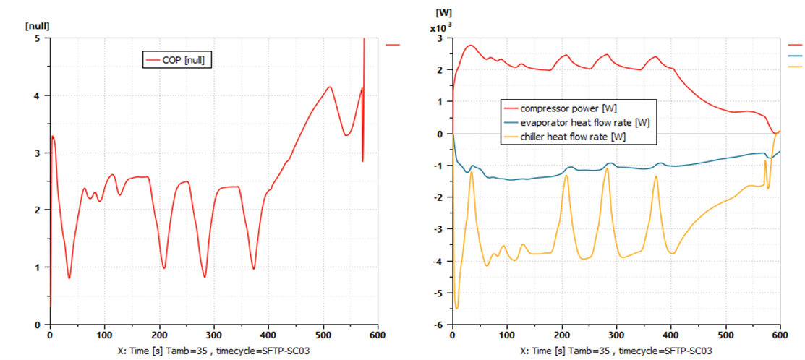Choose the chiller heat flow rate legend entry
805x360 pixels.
[571, 136]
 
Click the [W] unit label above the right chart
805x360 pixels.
[443, 12]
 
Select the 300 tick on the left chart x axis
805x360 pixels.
[214, 335]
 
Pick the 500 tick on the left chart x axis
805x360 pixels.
[323, 335]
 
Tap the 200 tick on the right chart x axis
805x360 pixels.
[561, 335]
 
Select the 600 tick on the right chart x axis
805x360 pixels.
[780, 335]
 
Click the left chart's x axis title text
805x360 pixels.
[216, 350]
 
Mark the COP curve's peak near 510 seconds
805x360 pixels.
[330, 87]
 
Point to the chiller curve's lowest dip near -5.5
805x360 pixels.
[456, 309]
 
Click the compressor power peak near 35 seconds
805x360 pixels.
[470, 45]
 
